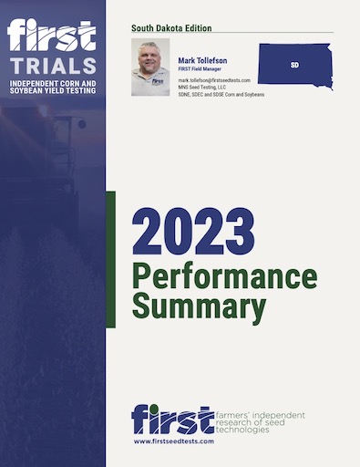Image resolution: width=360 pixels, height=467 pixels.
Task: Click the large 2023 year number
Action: tap(193, 233)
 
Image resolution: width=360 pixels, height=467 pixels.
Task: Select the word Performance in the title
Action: tap(224, 277)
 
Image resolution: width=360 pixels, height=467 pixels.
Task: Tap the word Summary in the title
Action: tap(201, 306)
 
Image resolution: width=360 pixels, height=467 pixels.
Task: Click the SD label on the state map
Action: tap(294, 66)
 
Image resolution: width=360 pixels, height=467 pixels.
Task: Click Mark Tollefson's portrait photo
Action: tap(150, 67)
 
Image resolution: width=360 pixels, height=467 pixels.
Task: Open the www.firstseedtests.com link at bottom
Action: tap(173, 441)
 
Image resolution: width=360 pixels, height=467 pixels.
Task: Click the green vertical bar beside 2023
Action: tap(111, 259)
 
